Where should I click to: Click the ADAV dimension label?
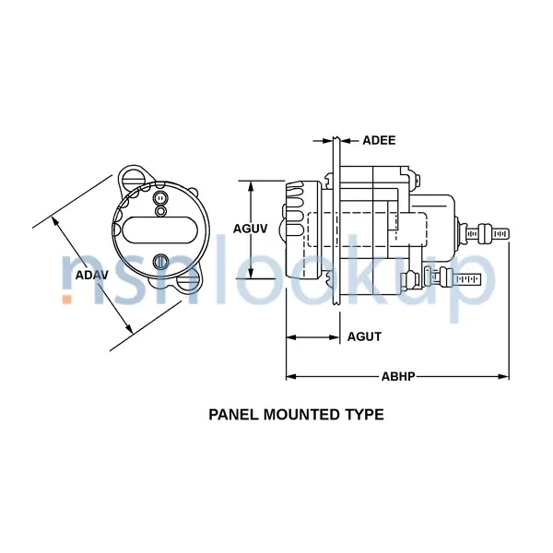tap(92, 275)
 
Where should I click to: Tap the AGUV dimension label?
tap(250, 229)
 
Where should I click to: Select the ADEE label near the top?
tap(378, 141)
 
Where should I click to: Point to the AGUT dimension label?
tap(364, 337)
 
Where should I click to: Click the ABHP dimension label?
tap(398, 376)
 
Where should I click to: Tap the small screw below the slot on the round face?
tap(161, 261)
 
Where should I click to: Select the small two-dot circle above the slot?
tap(161, 197)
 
